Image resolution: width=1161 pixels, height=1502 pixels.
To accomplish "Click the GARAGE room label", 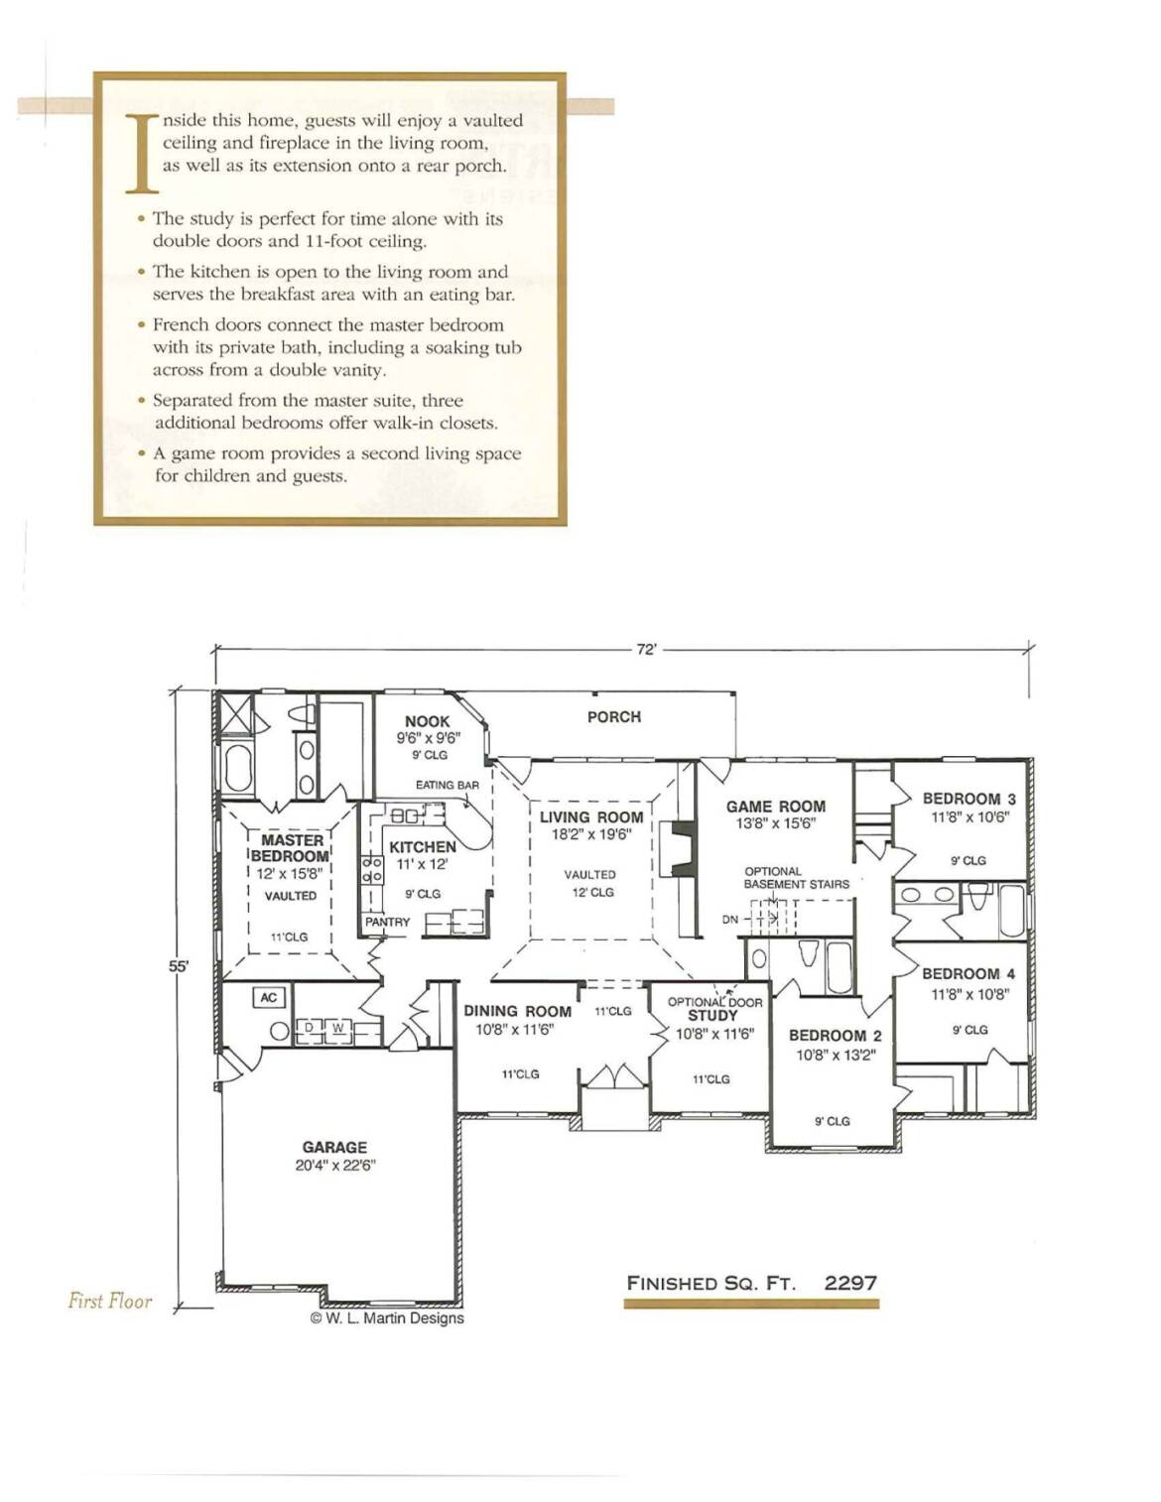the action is (334, 1148).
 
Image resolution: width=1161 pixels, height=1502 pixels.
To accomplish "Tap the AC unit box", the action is (269, 997).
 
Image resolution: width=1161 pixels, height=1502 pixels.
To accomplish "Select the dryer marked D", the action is (310, 1028).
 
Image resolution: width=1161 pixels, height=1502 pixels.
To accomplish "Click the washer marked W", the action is (338, 1028).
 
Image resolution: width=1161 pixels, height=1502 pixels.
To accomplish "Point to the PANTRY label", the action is (387, 922).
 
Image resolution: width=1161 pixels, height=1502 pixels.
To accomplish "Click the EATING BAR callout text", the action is (448, 785).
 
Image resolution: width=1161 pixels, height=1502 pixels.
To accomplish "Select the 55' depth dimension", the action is (179, 966).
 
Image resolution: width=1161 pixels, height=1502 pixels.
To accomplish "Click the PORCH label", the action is (613, 717).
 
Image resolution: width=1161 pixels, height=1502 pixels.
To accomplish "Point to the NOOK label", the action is (427, 721).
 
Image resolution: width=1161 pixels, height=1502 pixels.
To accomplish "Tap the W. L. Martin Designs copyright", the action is (387, 1318).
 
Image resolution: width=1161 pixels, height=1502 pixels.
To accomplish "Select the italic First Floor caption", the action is (109, 1302).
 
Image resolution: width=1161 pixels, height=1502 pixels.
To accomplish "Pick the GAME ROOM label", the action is (775, 807).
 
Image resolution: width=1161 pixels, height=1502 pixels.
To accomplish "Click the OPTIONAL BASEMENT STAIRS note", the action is (796, 878).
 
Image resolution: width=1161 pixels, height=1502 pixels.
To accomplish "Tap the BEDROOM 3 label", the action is (968, 799).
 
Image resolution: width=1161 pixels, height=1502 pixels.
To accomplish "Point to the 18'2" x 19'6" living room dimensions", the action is (591, 834).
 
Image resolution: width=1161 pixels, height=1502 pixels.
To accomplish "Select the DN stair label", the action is (730, 920).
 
